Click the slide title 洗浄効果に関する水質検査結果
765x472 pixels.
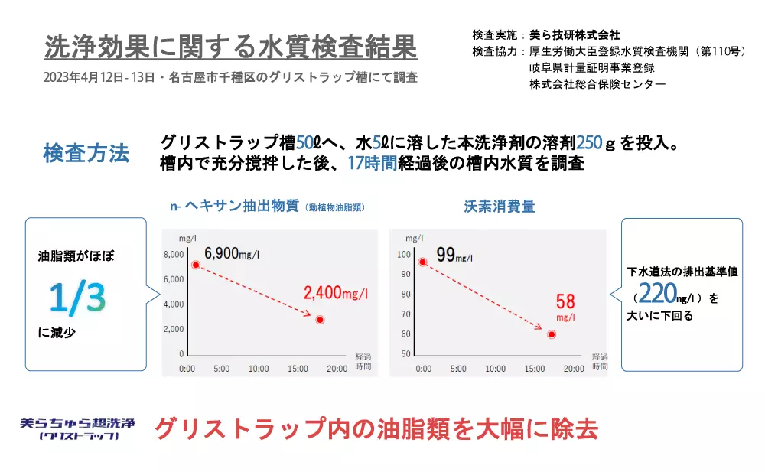click(x=231, y=47)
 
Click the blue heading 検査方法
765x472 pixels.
click(x=86, y=153)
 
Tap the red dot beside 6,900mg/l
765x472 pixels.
click(x=196, y=265)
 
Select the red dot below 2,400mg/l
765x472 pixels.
click(x=320, y=320)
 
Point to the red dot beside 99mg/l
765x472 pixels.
click(x=422, y=262)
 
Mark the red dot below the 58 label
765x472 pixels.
click(x=552, y=334)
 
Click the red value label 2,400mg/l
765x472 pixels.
click(x=336, y=293)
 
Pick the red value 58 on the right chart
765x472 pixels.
click(x=565, y=301)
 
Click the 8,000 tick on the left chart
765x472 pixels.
click(x=174, y=254)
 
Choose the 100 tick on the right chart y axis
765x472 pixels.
click(x=404, y=254)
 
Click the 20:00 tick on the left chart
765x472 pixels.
click(x=337, y=369)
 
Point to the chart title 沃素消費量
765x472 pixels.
click(x=499, y=207)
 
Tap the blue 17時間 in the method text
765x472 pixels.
click(x=373, y=163)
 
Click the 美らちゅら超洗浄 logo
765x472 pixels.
click(x=78, y=428)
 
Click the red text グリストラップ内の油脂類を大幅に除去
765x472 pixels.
click(x=376, y=429)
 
